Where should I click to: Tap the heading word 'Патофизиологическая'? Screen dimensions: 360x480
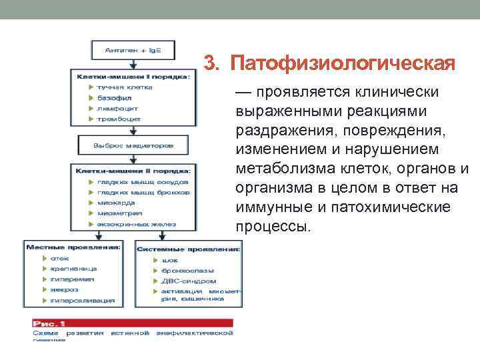point(339,64)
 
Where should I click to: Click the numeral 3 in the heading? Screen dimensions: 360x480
point(209,64)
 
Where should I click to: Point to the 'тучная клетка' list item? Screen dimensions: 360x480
point(125,87)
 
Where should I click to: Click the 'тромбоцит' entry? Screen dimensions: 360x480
point(119,119)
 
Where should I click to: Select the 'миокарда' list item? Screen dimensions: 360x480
point(117,203)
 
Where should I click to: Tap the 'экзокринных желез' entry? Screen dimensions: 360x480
point(132,225)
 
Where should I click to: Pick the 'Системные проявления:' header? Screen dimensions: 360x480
point(189,249)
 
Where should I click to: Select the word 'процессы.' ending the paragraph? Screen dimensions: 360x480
point(273,227)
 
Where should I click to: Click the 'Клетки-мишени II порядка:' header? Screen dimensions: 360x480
point(133,171)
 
